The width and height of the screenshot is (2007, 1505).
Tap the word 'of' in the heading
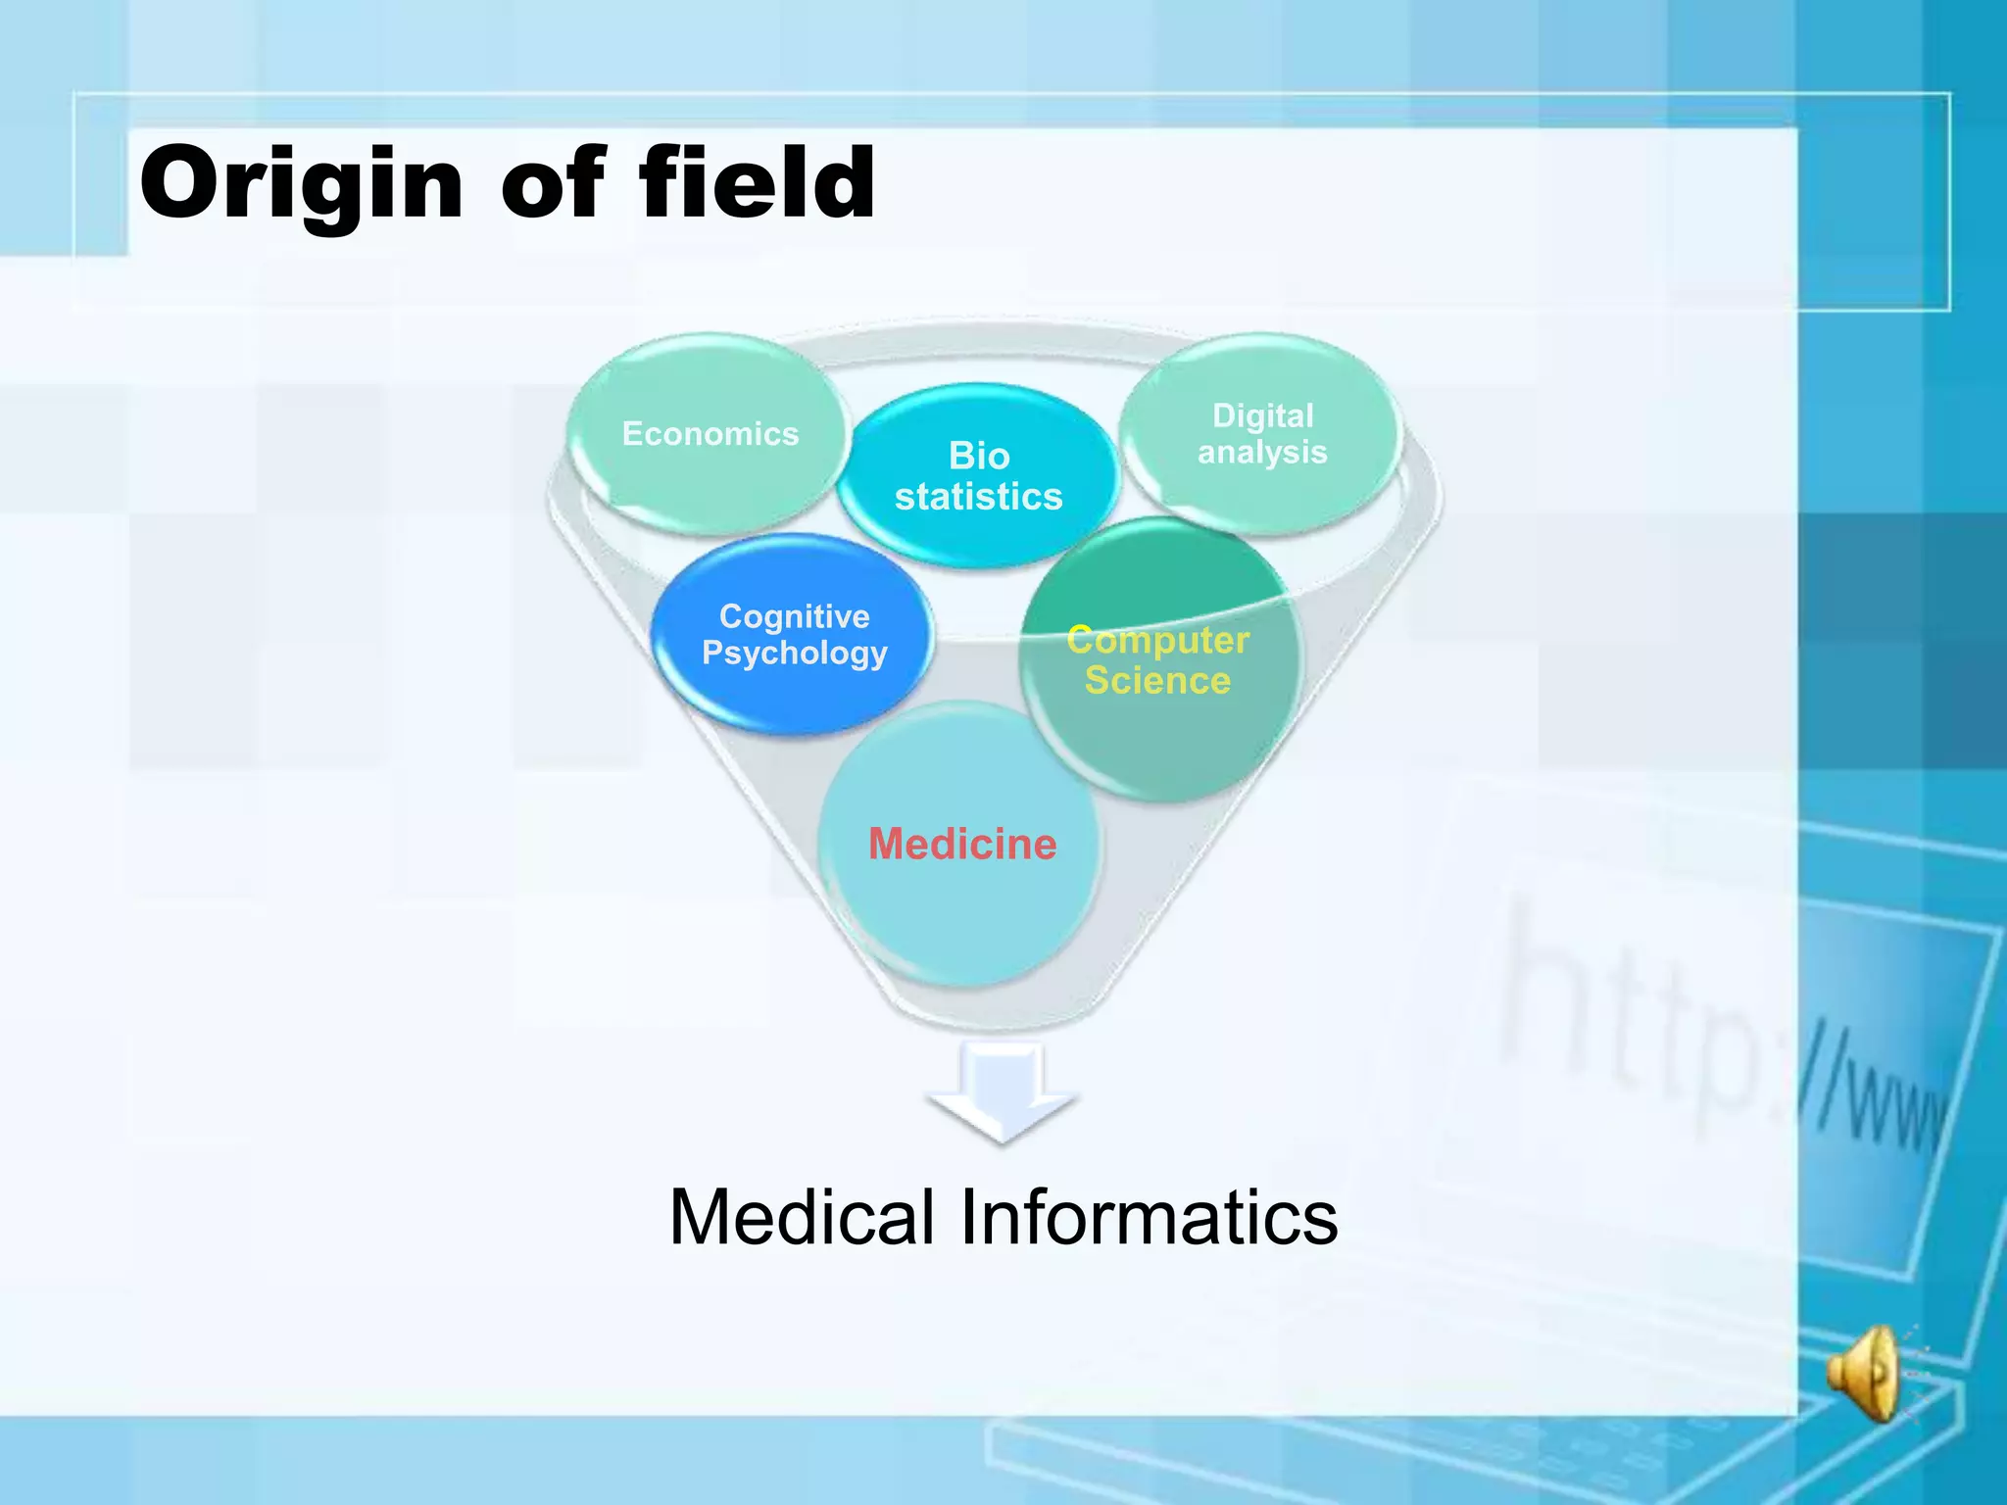554,184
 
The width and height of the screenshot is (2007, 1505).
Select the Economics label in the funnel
710,434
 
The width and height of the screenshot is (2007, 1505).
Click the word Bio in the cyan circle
979,457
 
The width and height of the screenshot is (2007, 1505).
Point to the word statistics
978,497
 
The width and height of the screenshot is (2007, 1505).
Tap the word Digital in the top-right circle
1262,415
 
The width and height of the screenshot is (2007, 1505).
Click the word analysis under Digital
1262,453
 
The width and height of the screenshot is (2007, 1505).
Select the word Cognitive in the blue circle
794,616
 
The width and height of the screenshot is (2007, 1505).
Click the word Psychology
794,654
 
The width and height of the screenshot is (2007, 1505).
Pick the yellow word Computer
1157,640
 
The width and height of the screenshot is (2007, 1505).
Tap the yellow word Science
1157,681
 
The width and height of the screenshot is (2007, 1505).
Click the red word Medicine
962,844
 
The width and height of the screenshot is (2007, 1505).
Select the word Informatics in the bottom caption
1148,1218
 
